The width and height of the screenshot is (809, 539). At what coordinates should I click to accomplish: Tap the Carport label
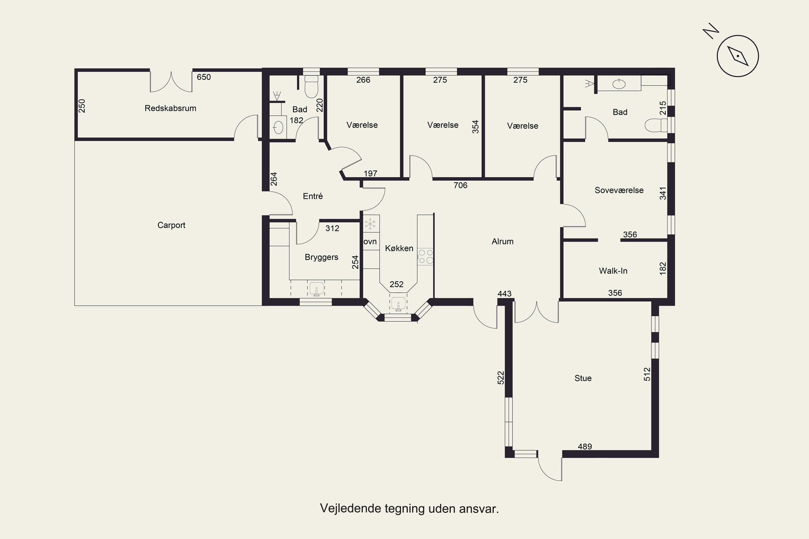click(x=171, y=225)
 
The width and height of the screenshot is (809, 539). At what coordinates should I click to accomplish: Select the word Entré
click(x=313, y=196)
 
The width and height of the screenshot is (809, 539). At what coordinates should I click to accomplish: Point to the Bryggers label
click(x=321, y=257)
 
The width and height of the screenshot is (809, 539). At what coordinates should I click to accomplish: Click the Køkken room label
click(x=399, y=248)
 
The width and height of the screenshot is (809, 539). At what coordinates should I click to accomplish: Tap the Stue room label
click(x=583, y=378)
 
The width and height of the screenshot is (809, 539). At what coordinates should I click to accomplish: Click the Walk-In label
click(x=613, y=271)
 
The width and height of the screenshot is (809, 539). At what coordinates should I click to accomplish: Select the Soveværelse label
click(x=619, y=190)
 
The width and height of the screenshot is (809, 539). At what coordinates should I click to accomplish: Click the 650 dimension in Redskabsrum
click(x=204, y=77)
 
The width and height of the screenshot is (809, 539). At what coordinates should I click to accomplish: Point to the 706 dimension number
click(x=460, y=185)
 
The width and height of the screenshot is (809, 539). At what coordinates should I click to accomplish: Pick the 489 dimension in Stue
click(x=585, y=447)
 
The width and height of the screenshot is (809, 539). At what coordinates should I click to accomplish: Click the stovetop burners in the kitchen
click(x=426, y=257)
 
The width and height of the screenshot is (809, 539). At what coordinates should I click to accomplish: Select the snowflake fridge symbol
click(x=370, y=224)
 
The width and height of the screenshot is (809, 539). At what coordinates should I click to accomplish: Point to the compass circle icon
click(x=738, y=56)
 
